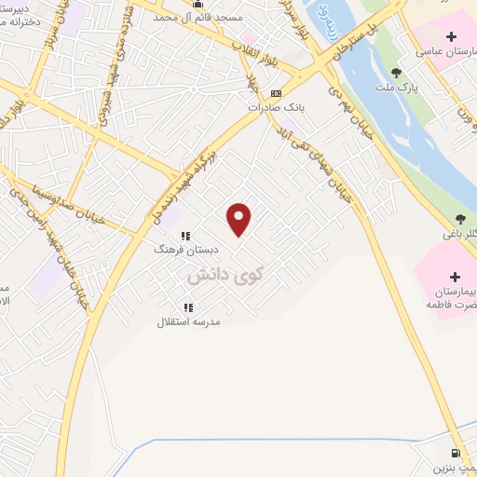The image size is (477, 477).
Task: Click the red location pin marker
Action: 239,219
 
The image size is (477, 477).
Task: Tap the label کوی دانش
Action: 225,276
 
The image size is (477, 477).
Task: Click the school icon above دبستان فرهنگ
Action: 185,237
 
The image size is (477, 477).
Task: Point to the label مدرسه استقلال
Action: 189,321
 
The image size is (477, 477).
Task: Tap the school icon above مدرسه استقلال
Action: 188,307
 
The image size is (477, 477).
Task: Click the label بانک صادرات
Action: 276,107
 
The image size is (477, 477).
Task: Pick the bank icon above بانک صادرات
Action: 276,94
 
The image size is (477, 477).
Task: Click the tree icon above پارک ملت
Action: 397,73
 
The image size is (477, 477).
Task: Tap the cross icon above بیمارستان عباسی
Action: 451,37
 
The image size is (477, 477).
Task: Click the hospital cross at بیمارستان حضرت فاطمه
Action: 455,277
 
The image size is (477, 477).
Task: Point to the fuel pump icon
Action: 456,451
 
